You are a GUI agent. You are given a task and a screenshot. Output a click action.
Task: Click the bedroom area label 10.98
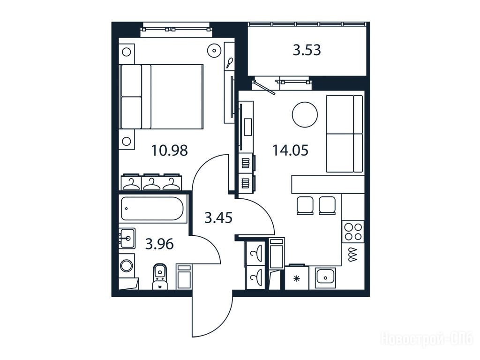pos(169,150)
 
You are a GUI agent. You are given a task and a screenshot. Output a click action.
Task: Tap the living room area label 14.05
pos(290,150)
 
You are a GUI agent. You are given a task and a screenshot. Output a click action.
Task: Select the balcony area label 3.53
pos(307,50)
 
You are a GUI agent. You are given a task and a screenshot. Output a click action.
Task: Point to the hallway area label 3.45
pos(218,218)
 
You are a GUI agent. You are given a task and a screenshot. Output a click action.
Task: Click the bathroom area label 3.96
pos(159,244)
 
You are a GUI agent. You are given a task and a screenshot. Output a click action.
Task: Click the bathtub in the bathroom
pos(152,209)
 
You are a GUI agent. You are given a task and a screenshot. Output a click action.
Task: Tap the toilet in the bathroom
pos(160,276)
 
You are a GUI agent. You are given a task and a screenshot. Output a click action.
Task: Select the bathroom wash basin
pos(127,238)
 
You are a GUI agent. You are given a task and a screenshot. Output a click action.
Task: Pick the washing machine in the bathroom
pos(126,266)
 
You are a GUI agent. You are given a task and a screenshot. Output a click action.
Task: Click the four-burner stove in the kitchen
pos(353,232)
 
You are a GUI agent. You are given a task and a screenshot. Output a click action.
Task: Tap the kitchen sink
pos(326,278)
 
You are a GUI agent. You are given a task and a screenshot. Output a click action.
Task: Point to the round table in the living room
pos(305,114)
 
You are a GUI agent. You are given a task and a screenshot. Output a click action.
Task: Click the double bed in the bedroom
pos(162,97)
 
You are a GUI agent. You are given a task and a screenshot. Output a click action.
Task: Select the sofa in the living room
pos(345,134)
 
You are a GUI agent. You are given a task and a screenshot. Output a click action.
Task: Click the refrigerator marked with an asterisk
pos(296,277)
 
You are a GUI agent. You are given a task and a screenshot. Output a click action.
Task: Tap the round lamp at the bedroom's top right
pos(214,50)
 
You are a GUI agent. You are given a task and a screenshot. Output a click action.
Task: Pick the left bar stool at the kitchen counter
pos(305,205)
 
